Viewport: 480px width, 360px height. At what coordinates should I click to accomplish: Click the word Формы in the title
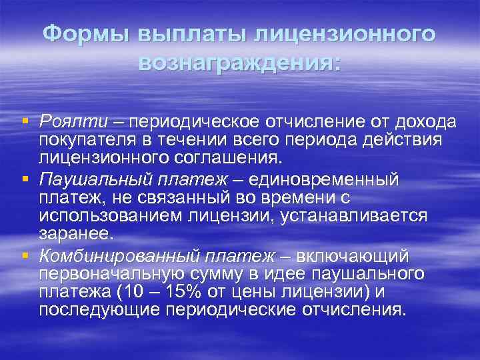pos(87,35)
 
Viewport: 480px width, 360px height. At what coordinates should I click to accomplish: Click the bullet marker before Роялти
pos(25,121)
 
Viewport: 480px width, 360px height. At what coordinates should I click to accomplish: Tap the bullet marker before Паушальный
pos(25,177)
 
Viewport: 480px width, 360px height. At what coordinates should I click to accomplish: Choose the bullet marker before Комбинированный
pos(25,254)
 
